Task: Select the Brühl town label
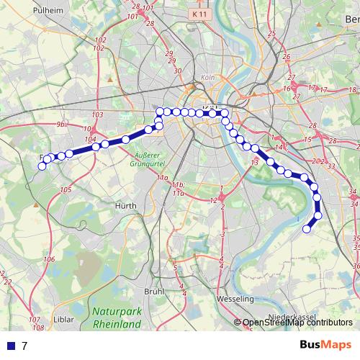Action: [154, 292]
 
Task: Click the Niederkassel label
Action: [291, 318]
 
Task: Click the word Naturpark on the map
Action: [115, 312]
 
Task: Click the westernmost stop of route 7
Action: [42, 166]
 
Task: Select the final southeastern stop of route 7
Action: [307, 230]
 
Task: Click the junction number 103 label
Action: [99, 115]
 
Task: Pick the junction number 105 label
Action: [66, 189]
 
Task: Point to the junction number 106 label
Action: [49, 259]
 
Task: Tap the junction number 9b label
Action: [60, 125]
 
